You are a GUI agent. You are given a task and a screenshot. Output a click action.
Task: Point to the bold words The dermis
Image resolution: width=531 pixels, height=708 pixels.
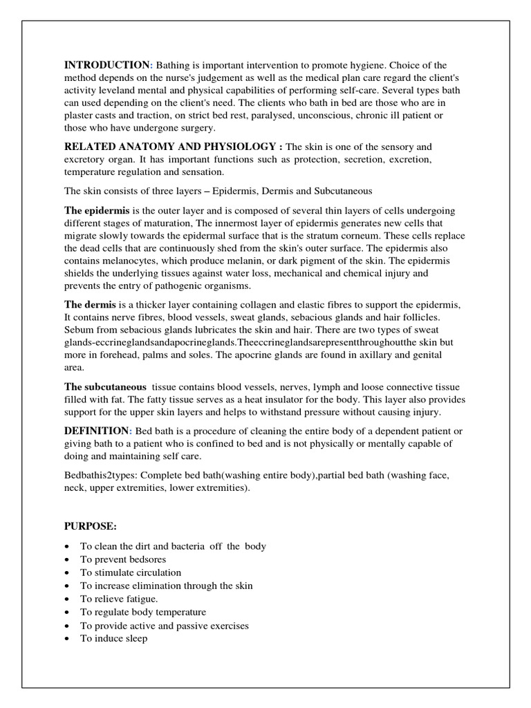point(91,305)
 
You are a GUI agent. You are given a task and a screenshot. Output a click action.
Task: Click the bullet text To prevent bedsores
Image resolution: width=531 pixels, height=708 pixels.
point(123,559)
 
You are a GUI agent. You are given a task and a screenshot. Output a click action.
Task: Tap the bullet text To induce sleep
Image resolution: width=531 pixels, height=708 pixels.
point(113,638)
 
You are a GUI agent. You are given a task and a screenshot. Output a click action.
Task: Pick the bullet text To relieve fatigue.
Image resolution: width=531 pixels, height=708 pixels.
point(119,599)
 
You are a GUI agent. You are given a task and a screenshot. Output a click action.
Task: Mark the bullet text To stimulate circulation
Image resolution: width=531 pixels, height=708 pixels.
point(131,572)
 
